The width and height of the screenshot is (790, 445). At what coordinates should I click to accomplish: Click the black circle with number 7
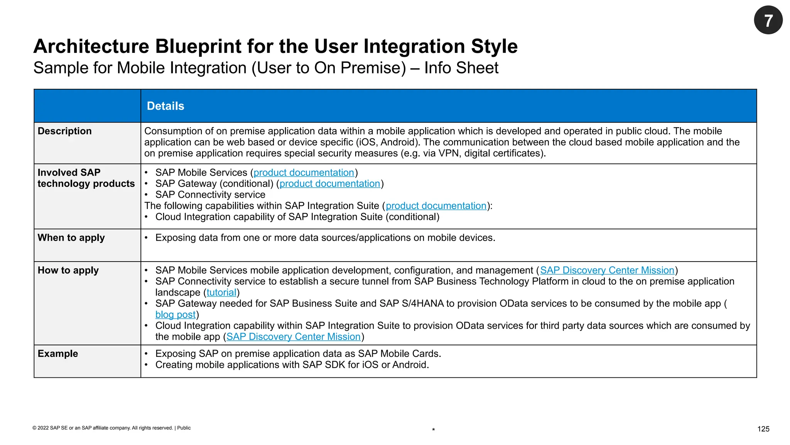(768, 20)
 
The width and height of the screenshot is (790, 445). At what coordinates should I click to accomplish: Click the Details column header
(165, 106)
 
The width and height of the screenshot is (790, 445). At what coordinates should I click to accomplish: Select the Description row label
(65, 131)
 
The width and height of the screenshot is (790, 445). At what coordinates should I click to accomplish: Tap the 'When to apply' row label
(71, 238)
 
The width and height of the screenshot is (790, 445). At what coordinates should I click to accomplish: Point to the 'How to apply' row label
(68, 270)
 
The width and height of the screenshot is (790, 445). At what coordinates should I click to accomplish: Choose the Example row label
(58, 354)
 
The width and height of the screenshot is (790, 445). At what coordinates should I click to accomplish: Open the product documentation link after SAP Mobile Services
(304, 173)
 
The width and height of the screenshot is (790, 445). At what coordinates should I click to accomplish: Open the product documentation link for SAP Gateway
(330, 184)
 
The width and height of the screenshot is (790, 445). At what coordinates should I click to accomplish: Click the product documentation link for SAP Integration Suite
(436, 206)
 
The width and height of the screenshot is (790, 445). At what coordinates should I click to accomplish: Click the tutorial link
(221, 292)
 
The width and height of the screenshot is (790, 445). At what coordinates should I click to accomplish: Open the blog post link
(176, 315)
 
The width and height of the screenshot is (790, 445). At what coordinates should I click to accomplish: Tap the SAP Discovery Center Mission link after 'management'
(607, 270)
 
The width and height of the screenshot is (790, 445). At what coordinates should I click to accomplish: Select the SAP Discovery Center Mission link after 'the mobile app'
(293, 337)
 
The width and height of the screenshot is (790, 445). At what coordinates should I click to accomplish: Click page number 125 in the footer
(763, 429)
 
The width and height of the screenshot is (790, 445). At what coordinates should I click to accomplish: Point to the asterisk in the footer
(434, 430)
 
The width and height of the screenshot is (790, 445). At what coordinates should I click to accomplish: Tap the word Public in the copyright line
(184, 428)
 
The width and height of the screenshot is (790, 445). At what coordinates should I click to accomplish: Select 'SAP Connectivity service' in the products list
(210, 195)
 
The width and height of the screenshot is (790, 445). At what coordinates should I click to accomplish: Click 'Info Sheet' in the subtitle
(461, 68)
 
